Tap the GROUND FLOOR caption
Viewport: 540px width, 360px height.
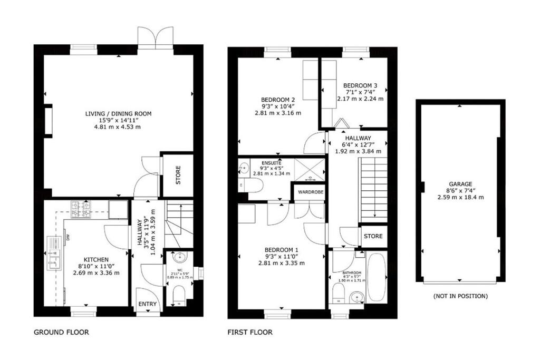point(61,333)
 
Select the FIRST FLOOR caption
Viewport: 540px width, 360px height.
point(250,333)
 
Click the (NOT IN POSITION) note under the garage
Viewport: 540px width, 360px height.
point(460,296)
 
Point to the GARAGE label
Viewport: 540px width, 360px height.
point(461,184)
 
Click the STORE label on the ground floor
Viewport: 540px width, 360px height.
point(178,172)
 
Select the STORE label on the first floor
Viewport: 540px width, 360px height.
point(373,236)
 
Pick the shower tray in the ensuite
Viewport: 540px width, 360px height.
point(308,170)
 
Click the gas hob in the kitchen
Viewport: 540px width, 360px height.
point(82,209)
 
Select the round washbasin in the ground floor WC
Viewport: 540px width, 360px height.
point(179,258)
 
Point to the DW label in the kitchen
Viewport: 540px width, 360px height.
point(69,238)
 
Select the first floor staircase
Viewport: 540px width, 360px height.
point(374,190)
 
